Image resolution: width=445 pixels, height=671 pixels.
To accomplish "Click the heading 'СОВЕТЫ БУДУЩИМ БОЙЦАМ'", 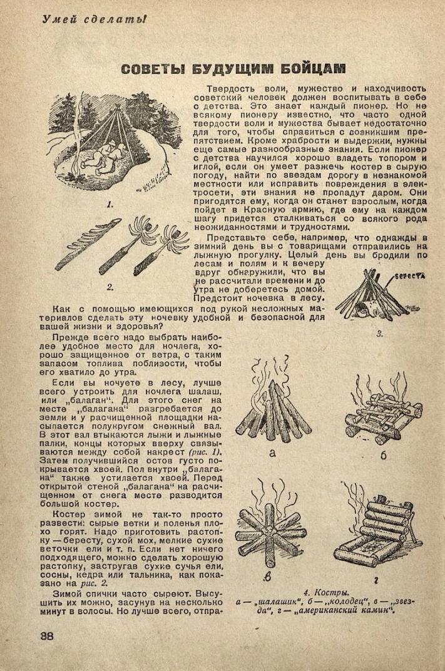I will (x=233, y=68).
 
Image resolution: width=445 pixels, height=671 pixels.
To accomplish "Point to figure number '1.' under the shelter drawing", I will (x=110, y=204).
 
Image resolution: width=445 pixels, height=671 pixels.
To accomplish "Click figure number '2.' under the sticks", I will (x=110, y=287).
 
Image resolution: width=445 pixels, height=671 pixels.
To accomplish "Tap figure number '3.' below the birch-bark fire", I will (x=379, y=334).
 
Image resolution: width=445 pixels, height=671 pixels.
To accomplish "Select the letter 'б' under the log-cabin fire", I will (x=382, y=454).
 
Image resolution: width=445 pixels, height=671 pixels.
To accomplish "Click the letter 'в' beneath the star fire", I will (x=268, y=576).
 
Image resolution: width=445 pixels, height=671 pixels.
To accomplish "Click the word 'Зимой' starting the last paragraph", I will (x=53, y=593).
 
